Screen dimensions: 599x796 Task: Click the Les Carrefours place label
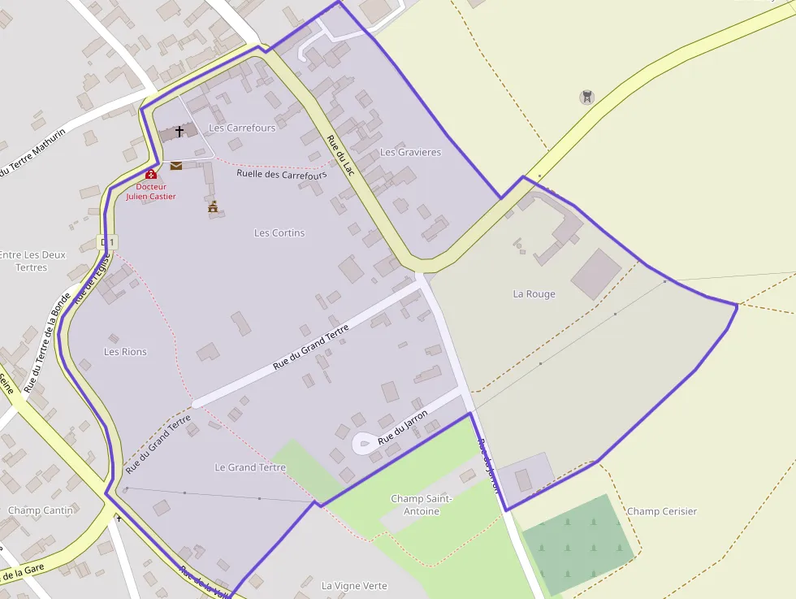pos(242,128)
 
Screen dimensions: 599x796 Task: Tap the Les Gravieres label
pos(410,153)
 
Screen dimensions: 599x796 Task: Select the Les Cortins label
pos(279,233)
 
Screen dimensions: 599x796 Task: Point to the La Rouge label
pos(534,294)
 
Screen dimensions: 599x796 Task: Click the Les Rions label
pos(125,352)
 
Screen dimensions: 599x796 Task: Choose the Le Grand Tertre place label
pos(250,468)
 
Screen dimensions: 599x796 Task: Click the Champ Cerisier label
pos(662,512)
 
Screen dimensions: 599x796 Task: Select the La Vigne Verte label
pos(354,586)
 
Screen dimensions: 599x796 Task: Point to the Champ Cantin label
pos(40,510)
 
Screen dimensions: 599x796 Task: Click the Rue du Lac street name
pos(341,153)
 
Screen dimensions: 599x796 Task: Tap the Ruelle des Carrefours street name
pos(281,175)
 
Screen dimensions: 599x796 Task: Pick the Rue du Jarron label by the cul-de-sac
pos(403,428)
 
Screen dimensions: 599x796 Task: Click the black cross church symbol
pos(180,131)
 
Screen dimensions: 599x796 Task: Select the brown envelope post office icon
pos(176,166)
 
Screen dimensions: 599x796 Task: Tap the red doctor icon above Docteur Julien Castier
pos(150,174)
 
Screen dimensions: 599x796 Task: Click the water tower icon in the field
pos(586,98)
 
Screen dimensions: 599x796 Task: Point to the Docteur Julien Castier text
pos(150,191)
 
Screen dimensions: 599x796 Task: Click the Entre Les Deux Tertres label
pos(32,261)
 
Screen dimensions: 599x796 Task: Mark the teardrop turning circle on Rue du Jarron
pos(363,443)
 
